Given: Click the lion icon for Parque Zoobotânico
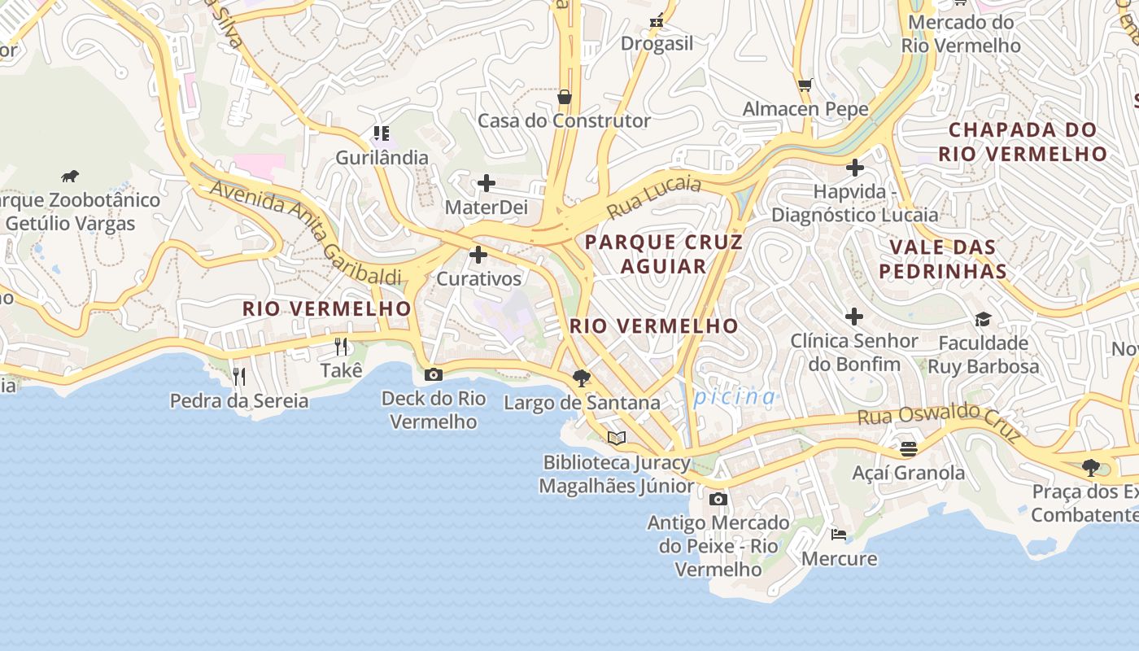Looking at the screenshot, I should (x=70, y=176).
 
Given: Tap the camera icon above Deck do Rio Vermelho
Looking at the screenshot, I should (x=434, y=374).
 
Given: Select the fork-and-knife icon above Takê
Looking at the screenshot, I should (x=341, y=347).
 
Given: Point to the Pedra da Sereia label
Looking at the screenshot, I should (x=239, y=400).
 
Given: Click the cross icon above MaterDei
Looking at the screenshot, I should (x=486, y=183).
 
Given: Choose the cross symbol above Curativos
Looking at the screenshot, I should (x=478, y=256).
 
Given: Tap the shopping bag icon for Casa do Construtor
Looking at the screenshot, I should (x=564, y=98).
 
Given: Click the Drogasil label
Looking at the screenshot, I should (x=657, y=44).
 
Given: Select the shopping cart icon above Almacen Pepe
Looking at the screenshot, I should (x=805, y=85).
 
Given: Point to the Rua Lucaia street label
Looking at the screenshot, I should (x=654, y=198).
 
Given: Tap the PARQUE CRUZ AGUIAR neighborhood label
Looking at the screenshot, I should (x=663, y=254).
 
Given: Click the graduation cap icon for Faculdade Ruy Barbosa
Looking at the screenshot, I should (x=983, y=319).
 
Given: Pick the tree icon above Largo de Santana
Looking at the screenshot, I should (x=581, y=378).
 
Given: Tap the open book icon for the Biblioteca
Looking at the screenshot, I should (x=617, y=439).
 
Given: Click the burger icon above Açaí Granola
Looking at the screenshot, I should (x=908, y=448).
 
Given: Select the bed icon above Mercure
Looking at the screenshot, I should (x=838, y=535).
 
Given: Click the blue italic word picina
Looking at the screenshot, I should (x=735, y=397).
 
